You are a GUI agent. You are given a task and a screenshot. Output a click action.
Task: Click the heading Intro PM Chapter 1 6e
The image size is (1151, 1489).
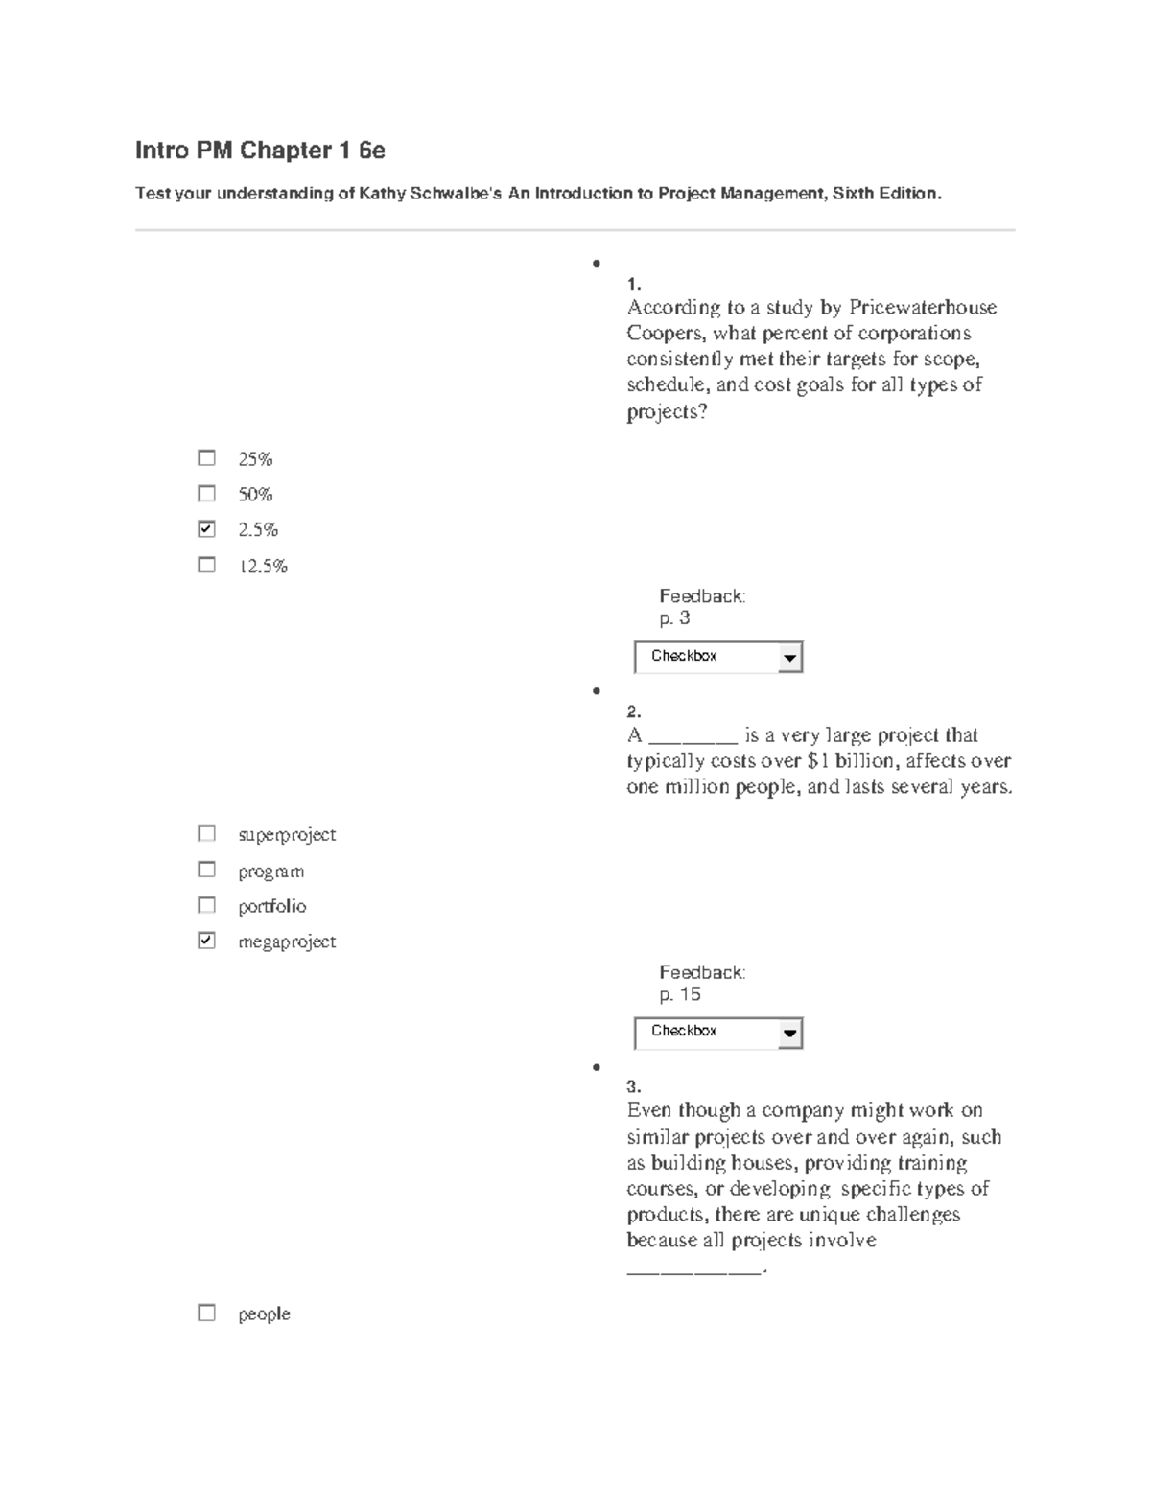(260, 151)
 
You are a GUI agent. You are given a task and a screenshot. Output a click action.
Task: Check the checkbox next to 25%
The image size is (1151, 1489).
(206, 458)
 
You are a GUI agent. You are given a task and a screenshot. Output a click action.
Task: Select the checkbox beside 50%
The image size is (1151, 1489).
(206, 494)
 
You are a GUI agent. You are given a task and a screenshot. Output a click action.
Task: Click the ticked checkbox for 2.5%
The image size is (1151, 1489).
(206, 529)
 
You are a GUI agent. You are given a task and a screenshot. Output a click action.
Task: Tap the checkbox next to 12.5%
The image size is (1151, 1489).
(206, 565)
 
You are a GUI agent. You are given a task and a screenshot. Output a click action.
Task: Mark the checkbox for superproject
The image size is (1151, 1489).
(206, 833)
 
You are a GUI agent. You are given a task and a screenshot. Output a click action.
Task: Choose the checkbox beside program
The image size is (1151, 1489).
(206, 870)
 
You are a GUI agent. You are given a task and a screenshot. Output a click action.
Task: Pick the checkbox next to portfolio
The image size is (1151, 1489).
(206, 905)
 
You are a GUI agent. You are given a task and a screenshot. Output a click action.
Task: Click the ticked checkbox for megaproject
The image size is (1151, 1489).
(206, 941)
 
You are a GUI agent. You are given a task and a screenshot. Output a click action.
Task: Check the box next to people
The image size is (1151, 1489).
(206, 1313)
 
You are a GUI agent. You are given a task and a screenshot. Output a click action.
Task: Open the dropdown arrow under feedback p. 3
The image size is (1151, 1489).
(789, 658)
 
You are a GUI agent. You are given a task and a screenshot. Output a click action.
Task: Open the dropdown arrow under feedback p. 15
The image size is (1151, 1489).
(789, 1034)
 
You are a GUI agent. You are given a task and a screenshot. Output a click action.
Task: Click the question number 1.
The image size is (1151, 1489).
(633, 284)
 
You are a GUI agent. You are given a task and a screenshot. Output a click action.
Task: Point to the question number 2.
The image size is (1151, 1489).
(633, 711)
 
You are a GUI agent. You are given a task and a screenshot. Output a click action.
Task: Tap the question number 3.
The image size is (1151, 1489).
(633, 1086)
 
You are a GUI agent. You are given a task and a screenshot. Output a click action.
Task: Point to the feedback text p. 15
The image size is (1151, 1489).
(680, 994)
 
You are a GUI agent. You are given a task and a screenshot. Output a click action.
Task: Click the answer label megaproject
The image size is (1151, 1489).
(287, 942)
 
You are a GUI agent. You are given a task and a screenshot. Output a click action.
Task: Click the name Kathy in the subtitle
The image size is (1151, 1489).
(382, 194)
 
